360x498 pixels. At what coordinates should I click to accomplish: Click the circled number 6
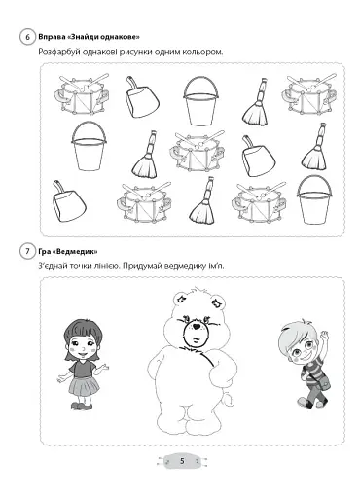click(x=27, y=37)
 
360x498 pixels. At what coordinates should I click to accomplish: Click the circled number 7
click(x=27, y=252)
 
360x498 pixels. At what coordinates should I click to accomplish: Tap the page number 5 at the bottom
click(x=182, y=461)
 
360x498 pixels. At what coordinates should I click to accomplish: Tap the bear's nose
click(x=196, y=327)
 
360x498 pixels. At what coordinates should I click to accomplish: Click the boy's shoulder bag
click(x=325, y=384)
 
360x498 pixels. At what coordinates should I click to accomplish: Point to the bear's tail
click(x=228, y=399)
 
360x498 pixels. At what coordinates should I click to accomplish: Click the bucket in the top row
click(x=200, y=101)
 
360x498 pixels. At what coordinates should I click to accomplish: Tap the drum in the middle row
click(x=197, y=151)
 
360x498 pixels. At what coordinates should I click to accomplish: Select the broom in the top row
click(x=256, y=101)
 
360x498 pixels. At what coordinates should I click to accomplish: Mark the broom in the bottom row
click(x=203, y=200)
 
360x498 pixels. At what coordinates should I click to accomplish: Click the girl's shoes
click(x=81, y=406)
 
